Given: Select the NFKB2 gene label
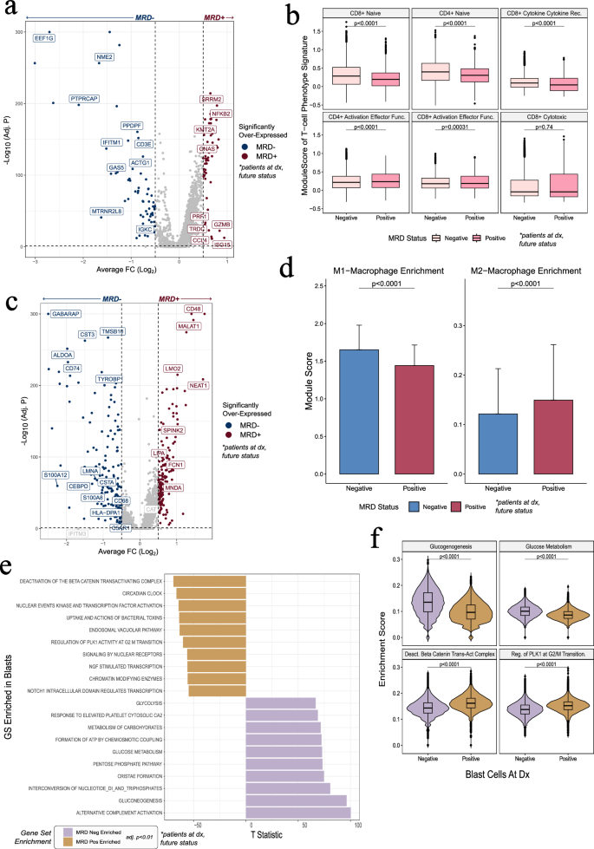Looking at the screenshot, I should coord(220,114).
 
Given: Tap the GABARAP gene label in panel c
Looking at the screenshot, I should coord(66,313).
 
